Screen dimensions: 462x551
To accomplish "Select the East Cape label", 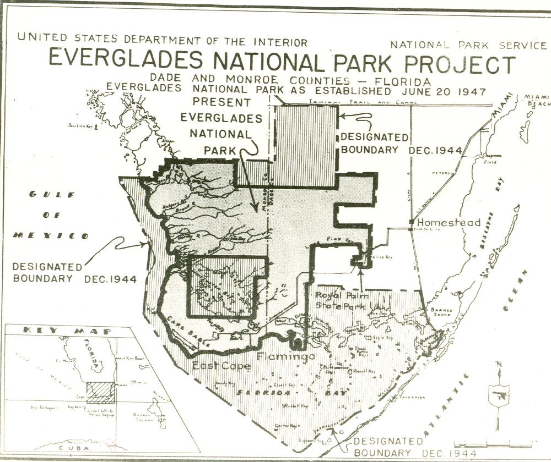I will tap(221, 366).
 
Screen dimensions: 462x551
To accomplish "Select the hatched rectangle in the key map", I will tap(101, 393).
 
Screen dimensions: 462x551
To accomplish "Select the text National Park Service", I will tap(468, 45).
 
